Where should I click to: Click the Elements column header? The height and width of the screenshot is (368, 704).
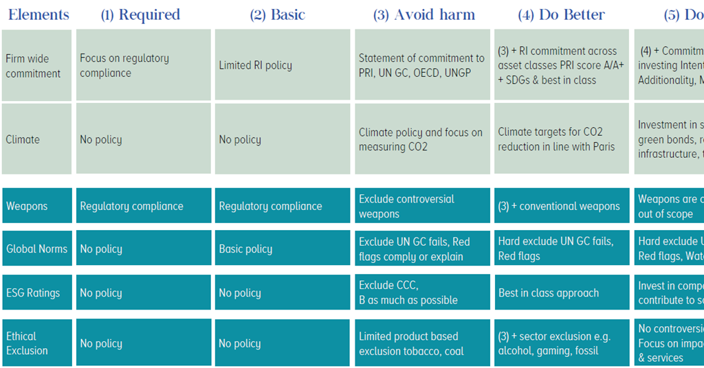38,14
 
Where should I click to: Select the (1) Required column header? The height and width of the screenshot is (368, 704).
140,14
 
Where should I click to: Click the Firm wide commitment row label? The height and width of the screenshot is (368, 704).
36,66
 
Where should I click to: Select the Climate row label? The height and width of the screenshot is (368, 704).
36,139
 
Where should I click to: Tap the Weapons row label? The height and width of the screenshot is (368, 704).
36,206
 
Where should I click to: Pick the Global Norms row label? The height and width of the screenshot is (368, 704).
36,249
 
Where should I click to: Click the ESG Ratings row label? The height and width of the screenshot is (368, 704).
36,292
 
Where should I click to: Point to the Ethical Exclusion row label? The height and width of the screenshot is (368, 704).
36,343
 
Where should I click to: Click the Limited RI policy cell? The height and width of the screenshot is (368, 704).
282,65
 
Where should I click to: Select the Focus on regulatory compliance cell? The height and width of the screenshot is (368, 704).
143,65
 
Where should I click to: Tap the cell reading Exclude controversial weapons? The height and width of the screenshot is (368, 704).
422,206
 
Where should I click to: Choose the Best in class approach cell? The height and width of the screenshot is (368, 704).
561,292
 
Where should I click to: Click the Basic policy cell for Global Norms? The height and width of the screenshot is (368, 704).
282,249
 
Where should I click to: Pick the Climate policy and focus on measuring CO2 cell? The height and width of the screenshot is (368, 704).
422,139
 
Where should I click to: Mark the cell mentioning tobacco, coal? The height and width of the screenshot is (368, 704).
422,343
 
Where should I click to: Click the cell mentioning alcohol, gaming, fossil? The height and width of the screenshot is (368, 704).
561,343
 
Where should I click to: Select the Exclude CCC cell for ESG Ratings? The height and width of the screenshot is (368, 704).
422,292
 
